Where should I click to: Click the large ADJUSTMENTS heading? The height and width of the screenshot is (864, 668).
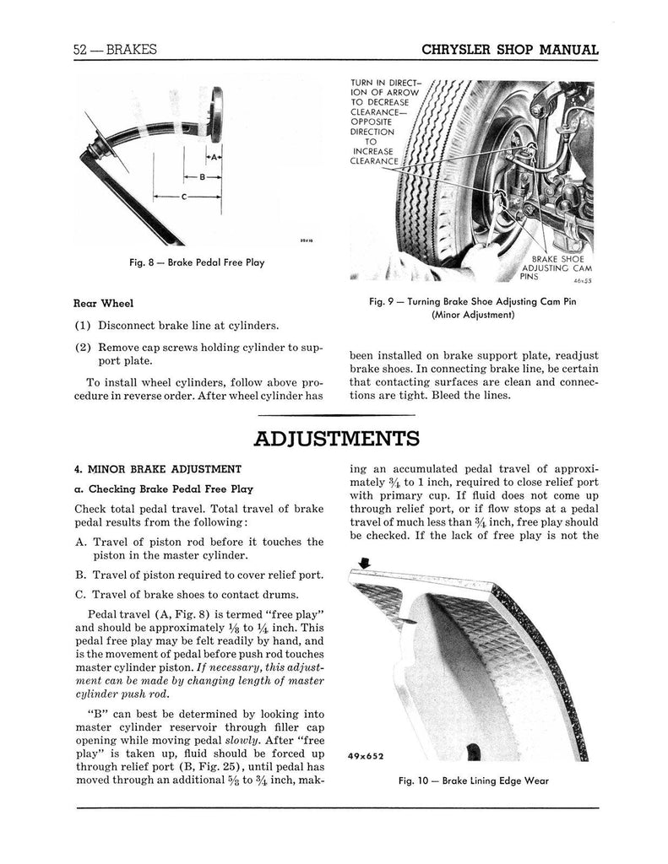point(336,439)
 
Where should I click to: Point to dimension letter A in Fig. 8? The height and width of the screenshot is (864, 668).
point(215,157)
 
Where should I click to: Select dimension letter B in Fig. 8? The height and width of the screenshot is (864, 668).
point(202,176)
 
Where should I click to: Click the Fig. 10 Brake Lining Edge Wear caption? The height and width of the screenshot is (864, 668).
point(474,780)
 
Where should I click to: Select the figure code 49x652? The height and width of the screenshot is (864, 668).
point(371,756)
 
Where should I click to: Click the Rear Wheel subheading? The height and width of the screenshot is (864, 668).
point(104,304)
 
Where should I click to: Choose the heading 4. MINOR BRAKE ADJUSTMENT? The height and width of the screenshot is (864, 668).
point(158,469)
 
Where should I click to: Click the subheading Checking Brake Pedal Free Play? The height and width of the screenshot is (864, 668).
point(162,489)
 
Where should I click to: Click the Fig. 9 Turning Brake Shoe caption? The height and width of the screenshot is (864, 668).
point(474,308)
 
